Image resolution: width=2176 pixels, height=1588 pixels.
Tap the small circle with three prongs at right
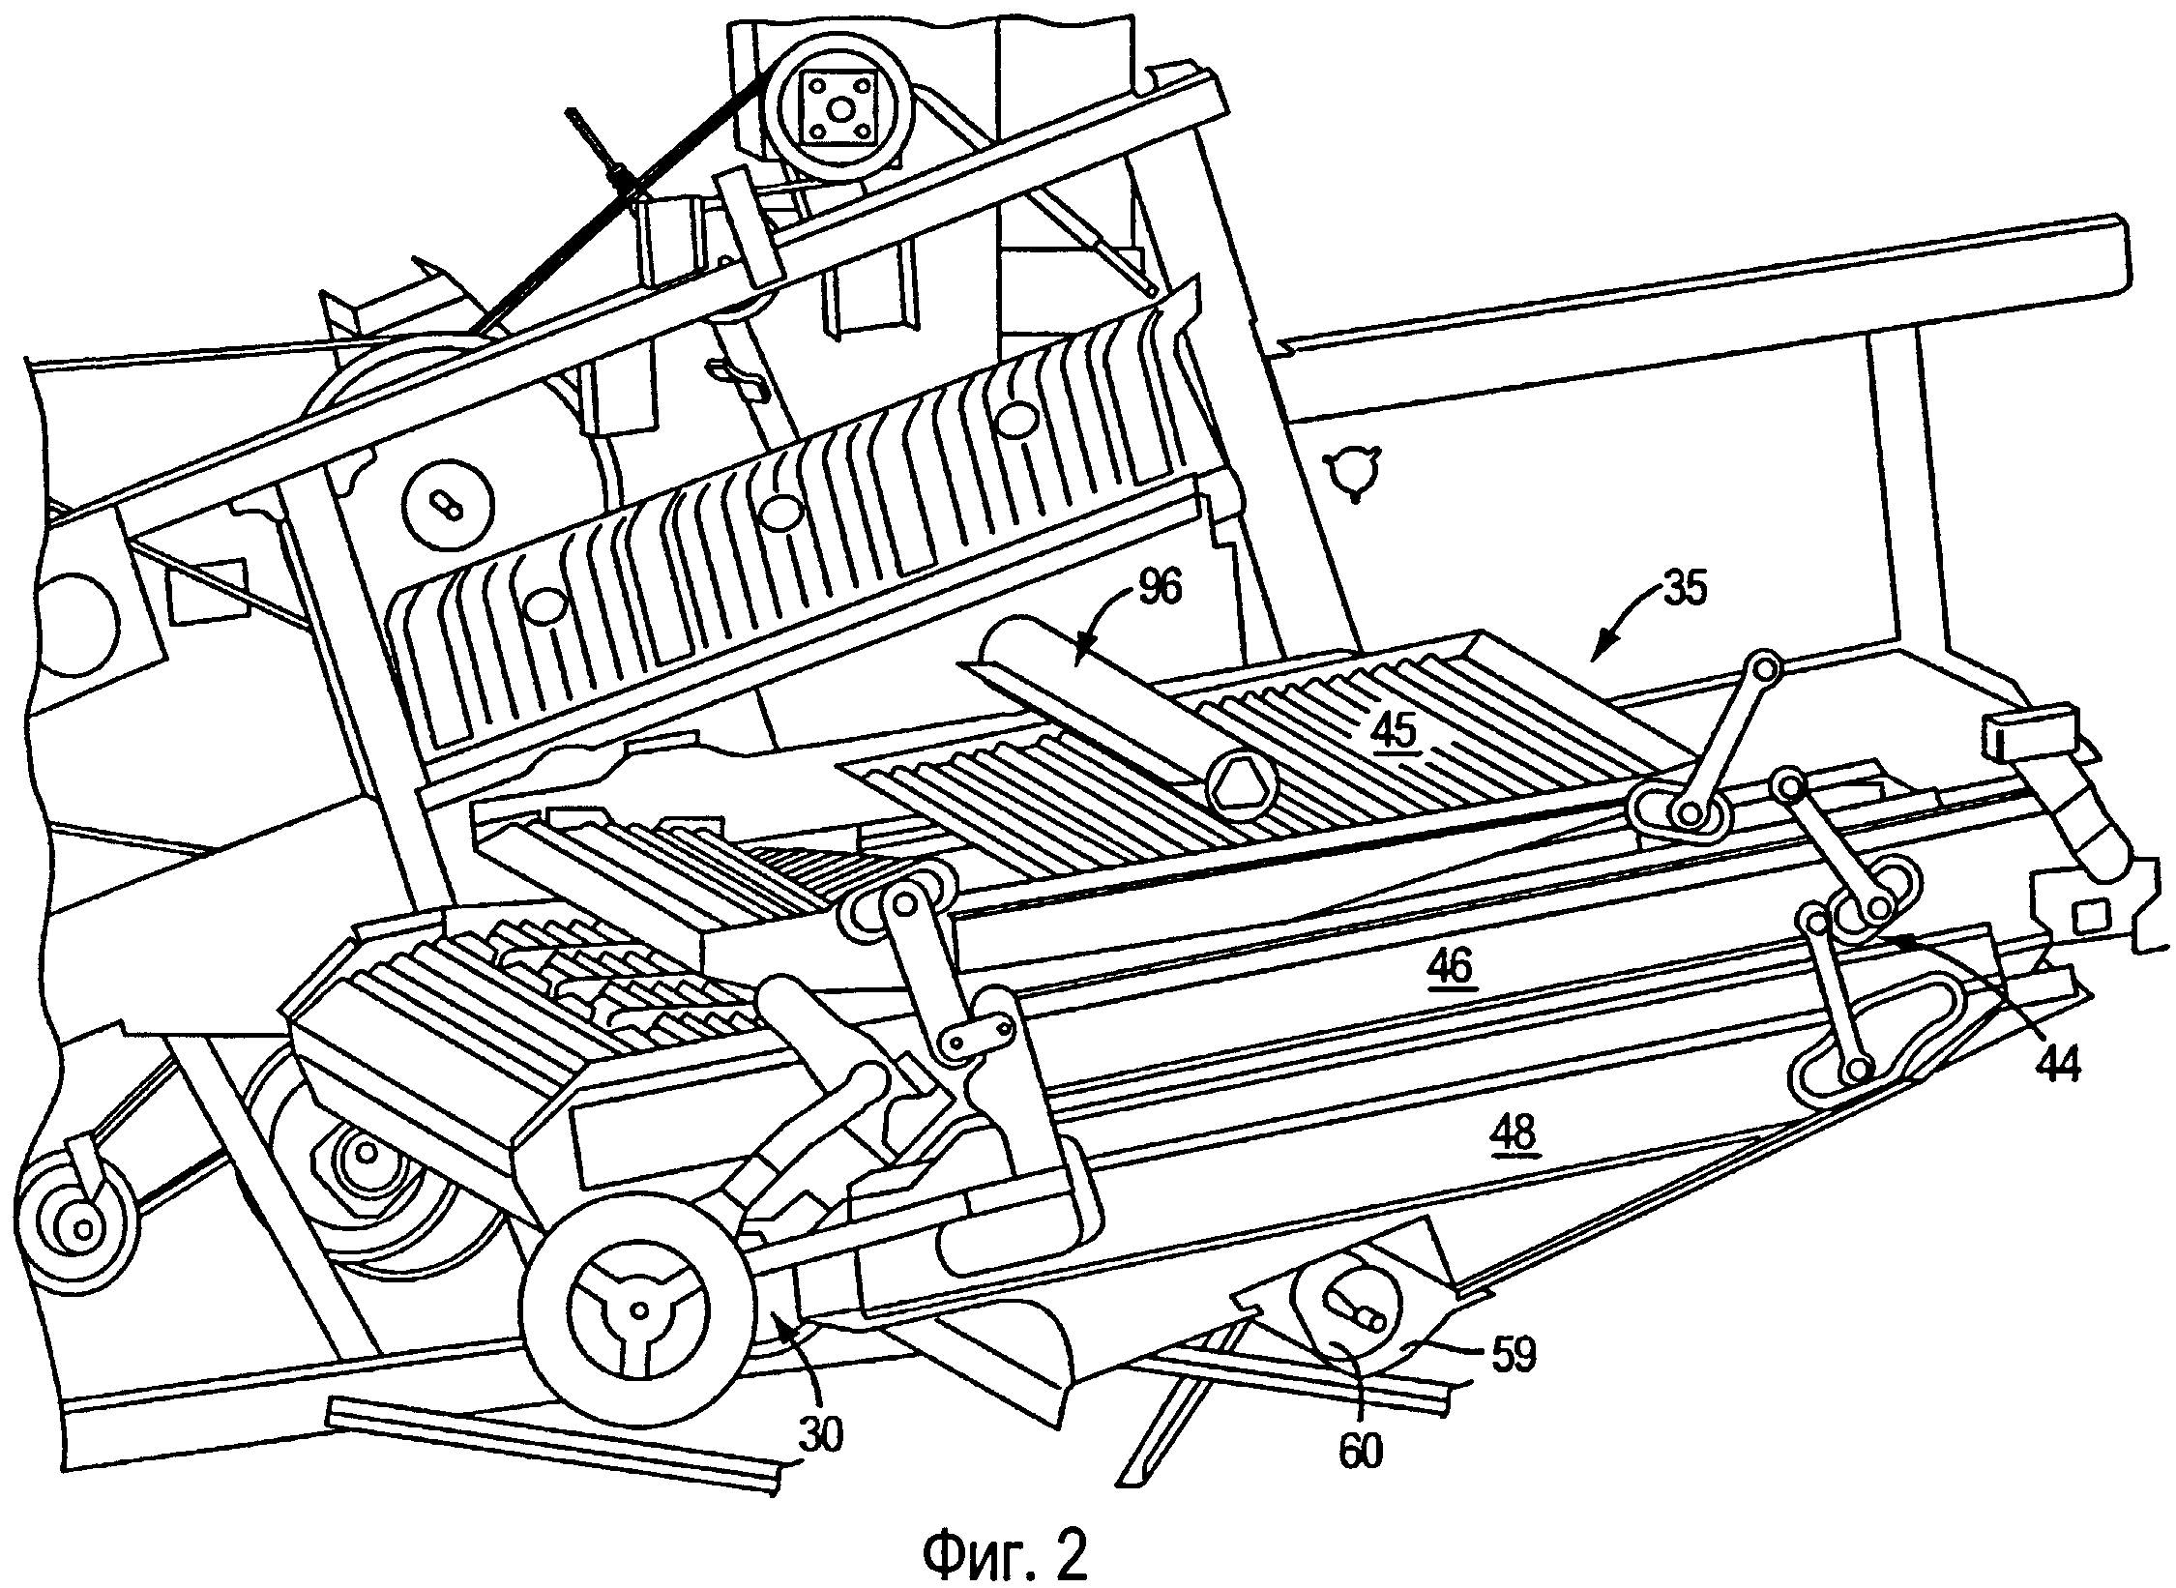(x=1354, y=473)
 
